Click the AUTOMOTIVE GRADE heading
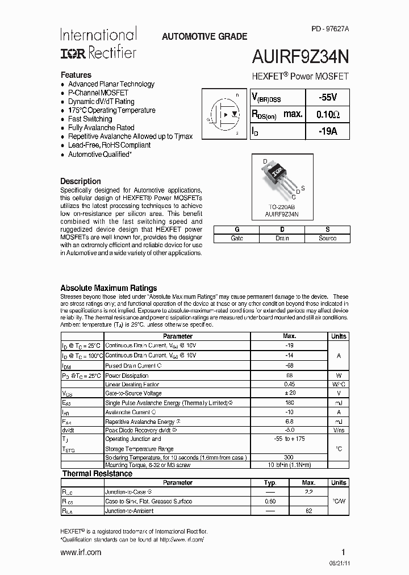tap(204, 36)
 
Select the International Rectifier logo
tap(98, 43)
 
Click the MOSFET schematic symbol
tap(224, 114)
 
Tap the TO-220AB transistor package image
tap(281, 180)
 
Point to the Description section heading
tap(81, 181)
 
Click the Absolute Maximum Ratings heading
tap(108, 288)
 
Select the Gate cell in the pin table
tap(236, 238)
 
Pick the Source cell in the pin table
tap(327, 238)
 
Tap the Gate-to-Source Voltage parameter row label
tap(133, 393)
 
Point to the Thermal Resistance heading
tap(97, 473)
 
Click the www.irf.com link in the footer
tap(81, 552)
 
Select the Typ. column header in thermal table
tap(270, 482)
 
